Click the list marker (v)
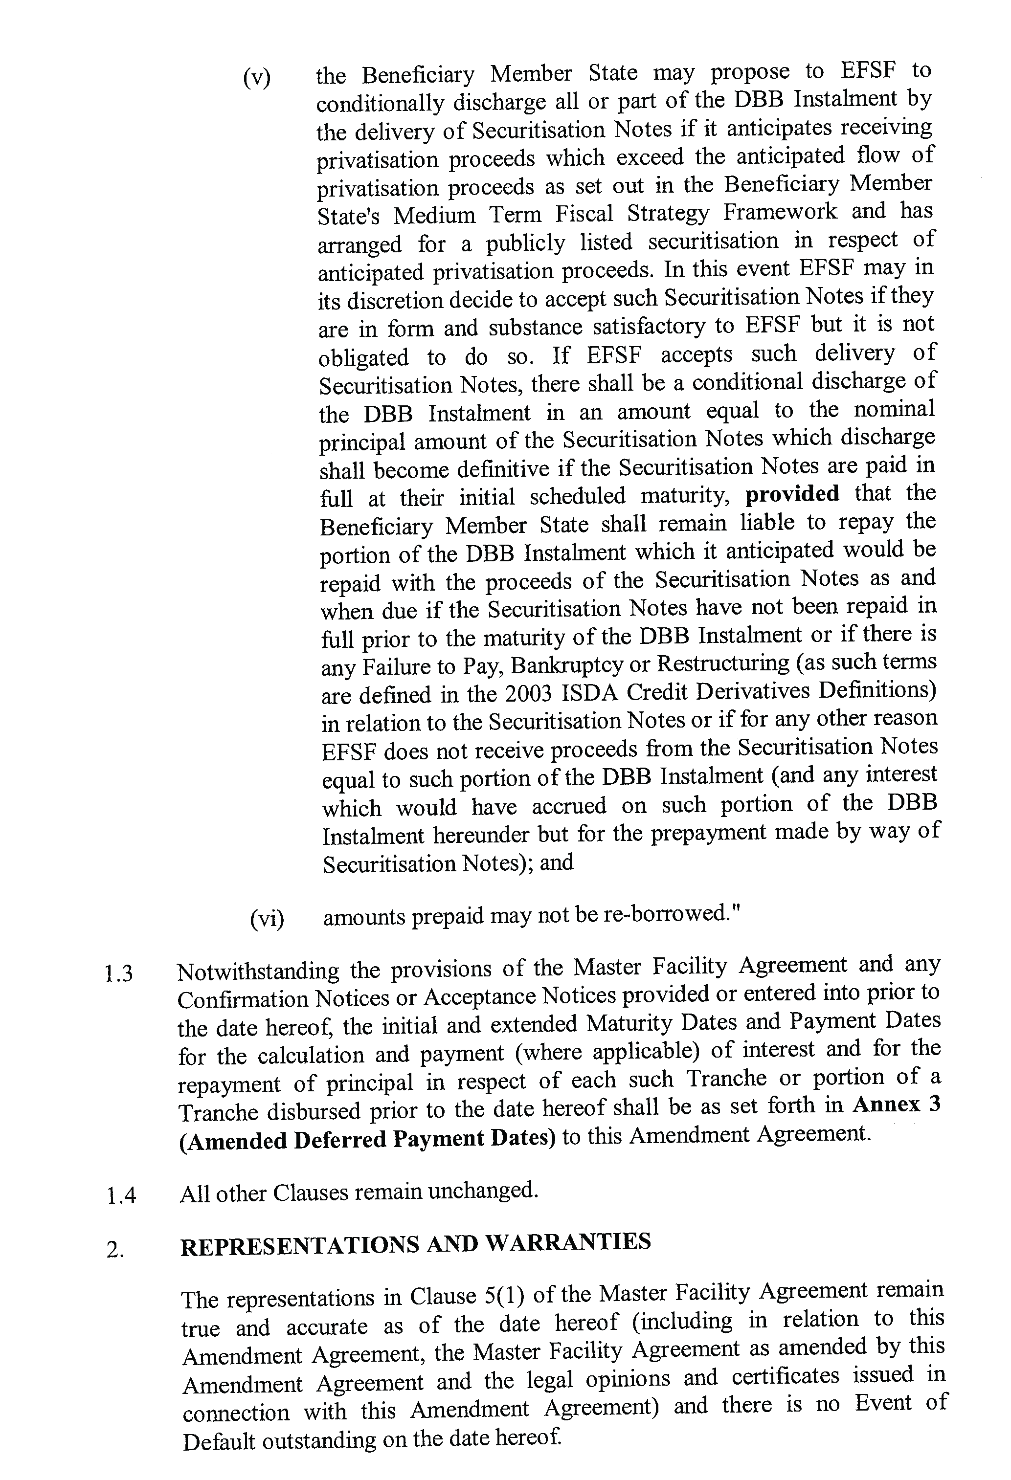tap(256, 78)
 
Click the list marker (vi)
tap(267, 918)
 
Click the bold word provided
tap(792, 493)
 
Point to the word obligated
tap(363, 358)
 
